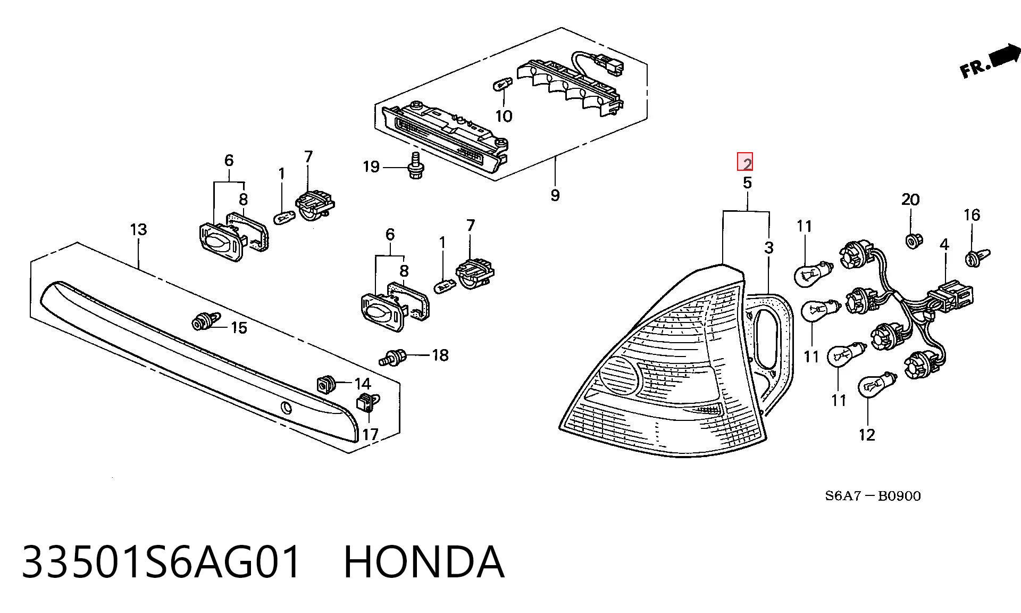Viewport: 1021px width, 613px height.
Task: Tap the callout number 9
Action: tap(555, 195)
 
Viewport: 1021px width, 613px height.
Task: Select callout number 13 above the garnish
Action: tap(138, 229)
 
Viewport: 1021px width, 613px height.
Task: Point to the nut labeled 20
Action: tap(911, 241)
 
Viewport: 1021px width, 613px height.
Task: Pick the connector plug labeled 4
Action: tap(950, 296)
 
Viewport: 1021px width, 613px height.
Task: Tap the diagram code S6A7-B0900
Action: tap(873, 496)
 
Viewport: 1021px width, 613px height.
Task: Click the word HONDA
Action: tap(424, 562)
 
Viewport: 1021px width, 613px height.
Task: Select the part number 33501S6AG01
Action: tap(162, 562)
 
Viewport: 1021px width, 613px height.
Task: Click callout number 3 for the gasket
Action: tap(769, 247)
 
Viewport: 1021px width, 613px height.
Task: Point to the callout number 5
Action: tap(747, 183)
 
